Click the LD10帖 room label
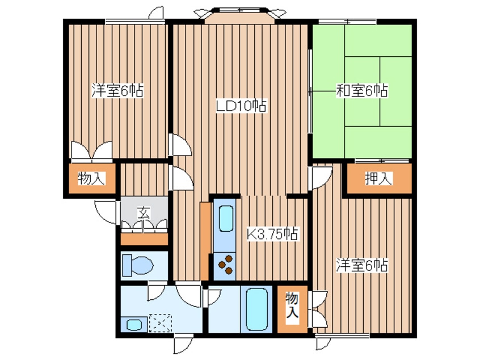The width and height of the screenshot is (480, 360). tap(241, 106)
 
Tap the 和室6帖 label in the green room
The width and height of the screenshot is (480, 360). tap(362, 90)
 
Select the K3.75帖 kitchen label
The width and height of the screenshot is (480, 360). tap(272, 235)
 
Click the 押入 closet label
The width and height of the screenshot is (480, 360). tap(378, 179)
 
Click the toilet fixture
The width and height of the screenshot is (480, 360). tap(137, 265)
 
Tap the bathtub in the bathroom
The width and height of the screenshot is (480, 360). tap(256, 309)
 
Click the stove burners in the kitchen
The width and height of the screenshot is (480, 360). tap(226, 265)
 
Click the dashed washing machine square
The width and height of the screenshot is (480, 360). tap(160, 323)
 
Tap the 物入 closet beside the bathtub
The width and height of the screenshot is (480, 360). tap(292, 309)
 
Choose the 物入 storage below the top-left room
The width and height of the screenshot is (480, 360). tap(91, 179)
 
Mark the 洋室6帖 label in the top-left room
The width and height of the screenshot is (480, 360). tap(117, 90)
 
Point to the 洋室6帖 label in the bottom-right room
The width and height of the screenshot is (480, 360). tap(361, 265)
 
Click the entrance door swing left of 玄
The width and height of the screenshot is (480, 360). tap(106, 212)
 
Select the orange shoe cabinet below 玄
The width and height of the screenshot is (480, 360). tap(144, 239)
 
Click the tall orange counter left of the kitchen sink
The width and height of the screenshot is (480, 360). tap(204, 241)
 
